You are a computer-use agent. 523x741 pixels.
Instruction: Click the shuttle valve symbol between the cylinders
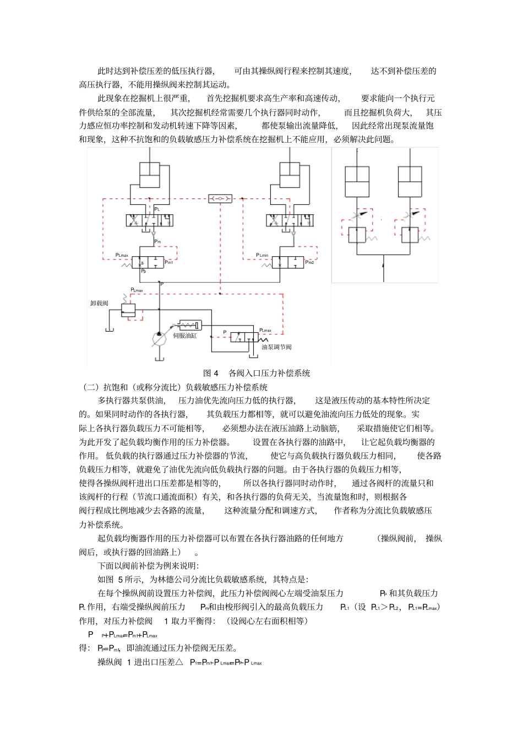220,198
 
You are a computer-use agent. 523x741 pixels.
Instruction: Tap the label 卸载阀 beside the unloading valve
99,303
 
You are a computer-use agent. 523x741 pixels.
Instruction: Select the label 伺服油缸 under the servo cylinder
184,336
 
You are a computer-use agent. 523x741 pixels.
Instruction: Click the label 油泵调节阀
276,347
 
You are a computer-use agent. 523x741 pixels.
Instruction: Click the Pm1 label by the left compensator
169,262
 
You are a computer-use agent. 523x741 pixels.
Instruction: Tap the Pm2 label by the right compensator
309,262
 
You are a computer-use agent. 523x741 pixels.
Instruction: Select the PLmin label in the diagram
262,255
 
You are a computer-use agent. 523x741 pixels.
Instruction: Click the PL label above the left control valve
157,209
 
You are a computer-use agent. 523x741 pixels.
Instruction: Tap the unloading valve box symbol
128,311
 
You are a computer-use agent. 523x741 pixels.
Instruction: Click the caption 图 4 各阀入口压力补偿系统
257,373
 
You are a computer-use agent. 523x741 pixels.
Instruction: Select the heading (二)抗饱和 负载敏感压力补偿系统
174,387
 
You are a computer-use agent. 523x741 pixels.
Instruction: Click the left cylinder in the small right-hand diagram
357,181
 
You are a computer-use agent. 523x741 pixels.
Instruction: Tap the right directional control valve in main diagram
290,220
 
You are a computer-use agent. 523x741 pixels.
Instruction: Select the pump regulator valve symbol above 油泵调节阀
244,337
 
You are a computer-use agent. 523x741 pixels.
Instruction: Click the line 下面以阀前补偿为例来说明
148,565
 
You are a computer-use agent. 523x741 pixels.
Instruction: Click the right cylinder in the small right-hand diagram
410,181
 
